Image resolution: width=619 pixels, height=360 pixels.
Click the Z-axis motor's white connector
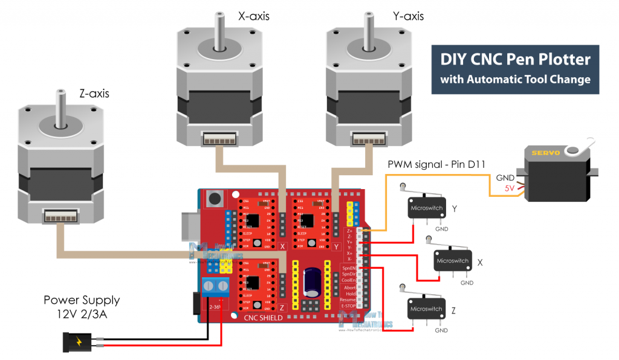59,216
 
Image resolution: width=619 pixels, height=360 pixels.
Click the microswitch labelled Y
423,207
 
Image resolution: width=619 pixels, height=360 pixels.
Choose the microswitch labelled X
452,260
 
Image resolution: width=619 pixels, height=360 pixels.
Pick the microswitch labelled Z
426,308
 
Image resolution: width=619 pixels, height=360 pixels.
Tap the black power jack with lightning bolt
80,342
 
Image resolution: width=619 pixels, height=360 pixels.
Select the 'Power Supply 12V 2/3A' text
82,306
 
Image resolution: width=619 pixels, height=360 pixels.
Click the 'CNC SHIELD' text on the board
263,318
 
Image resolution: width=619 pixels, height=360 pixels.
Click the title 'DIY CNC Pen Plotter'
514,60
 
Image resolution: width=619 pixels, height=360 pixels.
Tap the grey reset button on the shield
213,198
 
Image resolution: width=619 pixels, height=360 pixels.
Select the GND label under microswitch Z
441,330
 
